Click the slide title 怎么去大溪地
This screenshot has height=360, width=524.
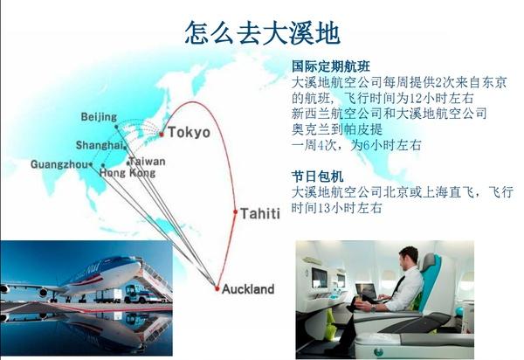coord(263,32)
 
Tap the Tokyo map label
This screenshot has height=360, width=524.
coord(189,132)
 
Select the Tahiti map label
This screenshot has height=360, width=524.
coord(260,213)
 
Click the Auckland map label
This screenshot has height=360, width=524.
coord(248,289)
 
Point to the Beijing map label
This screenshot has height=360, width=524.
coord(99,117)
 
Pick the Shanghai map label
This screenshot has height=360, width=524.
coord(100,145)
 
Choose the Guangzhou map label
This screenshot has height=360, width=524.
coord(59,164)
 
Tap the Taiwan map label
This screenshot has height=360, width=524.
coord(148,162)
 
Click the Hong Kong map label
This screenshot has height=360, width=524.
coord(128,173)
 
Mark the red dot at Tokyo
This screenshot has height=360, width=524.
coord(162,135)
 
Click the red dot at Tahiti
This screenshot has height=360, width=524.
coord(235,212)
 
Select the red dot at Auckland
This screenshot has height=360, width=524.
coord(217,288)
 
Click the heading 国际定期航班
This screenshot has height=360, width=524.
coord(330,66)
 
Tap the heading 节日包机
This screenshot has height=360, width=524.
coord(318,177)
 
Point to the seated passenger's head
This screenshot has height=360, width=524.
coord(409,258)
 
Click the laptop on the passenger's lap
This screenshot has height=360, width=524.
coord(367,292)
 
